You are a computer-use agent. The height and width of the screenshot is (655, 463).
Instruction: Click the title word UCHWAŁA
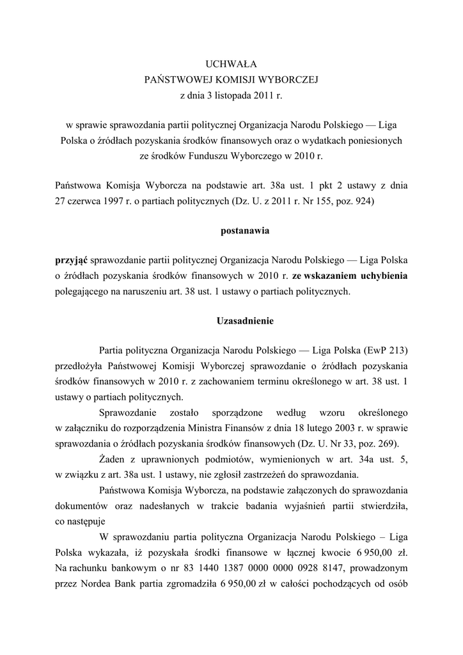[231, 64]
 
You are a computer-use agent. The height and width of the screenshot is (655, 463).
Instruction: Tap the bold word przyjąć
[72, 260]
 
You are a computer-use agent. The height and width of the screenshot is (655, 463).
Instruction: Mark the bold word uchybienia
[379, 276]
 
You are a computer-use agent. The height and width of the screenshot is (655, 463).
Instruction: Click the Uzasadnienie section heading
[231, 320]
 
